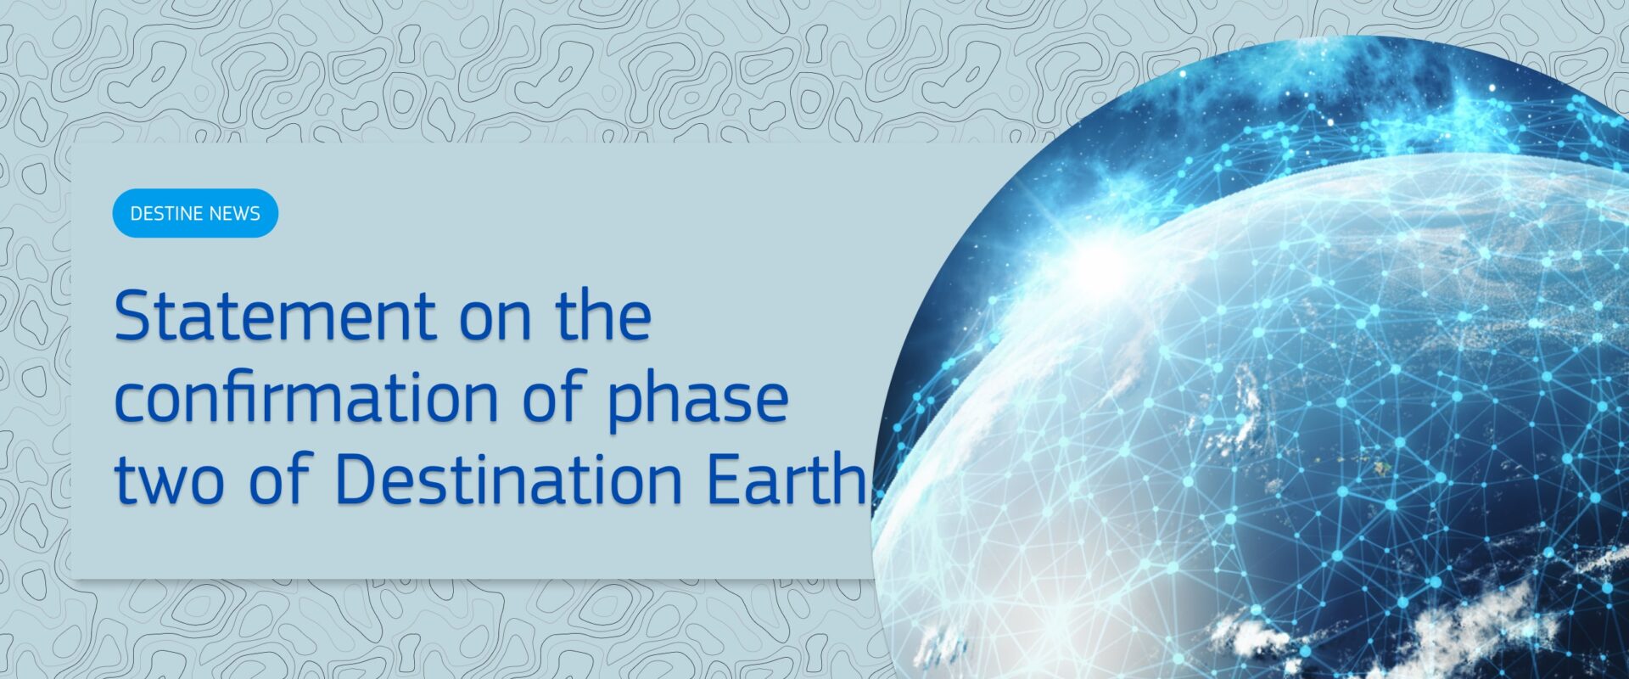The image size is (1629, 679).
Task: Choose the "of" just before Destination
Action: (281, 480)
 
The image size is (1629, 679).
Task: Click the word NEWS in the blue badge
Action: (237, 213)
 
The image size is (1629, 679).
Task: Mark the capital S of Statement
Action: (133, 316)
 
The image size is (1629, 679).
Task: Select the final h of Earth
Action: (848, 480)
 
